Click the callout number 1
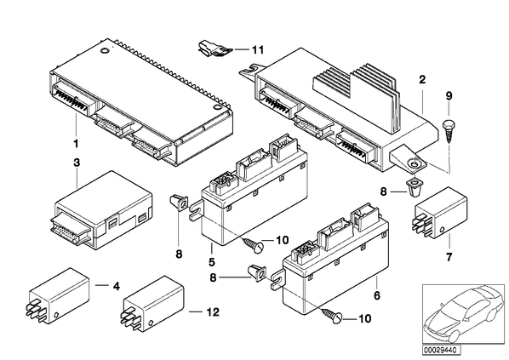tap(76, 143)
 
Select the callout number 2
tap(422, 79)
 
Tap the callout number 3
tap(77, 163)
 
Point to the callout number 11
tap(258, 50)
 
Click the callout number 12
tap(213, 312)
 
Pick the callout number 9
tap(449, 96)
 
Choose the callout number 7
tap(449, 257)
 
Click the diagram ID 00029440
tap(442, 351)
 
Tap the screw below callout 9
tap(449, 131)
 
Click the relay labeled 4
tap(59, 295)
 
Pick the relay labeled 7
tap(440, 211)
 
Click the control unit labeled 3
tap(101, 210)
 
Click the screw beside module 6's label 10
tap(332, 316)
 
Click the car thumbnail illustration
tap(464, 314)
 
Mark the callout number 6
tap(376, 295)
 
